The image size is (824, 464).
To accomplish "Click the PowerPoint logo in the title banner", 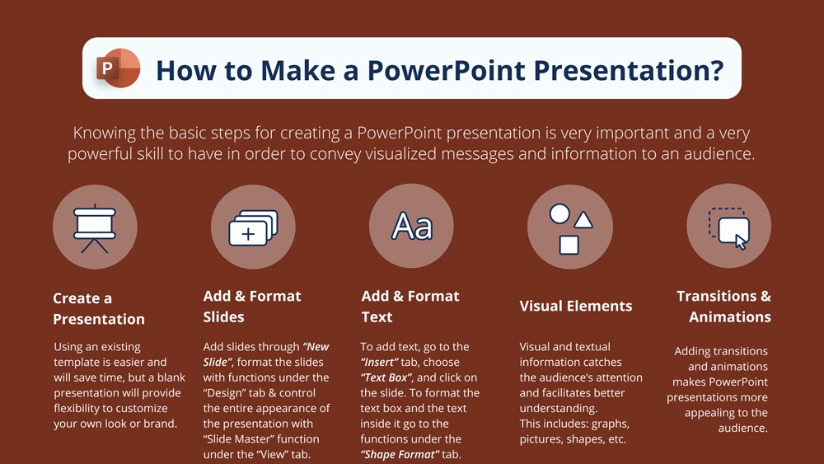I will pos(119,68).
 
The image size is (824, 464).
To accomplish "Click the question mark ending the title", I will pos(714,69).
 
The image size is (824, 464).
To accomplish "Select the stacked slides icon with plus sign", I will pos(252,227).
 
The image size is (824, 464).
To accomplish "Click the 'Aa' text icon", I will pos(411,226).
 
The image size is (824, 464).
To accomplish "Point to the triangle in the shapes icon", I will pos(583,219).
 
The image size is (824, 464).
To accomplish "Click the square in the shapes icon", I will pos(569,245).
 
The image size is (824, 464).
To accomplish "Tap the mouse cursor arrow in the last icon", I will pos(741,241).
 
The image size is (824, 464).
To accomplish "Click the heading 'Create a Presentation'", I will pos(98,308).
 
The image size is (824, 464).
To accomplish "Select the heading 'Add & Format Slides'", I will pos(251,306).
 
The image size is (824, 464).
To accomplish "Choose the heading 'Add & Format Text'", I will pos(410,306).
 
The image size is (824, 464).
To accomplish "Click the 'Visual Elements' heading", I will pos(575,306).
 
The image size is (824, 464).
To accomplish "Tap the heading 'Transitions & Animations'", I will pos(723,306).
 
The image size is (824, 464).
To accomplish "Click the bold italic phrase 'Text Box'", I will pos(386,377).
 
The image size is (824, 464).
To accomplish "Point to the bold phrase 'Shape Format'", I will pos(397,454).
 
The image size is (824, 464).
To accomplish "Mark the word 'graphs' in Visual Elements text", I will pos(610,424).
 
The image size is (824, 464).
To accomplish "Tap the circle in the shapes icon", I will pos(559,214).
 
